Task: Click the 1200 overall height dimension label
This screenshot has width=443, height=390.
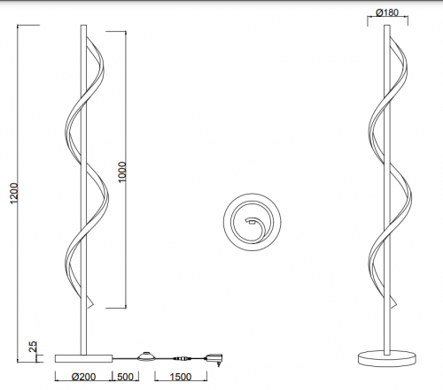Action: pos(14,194)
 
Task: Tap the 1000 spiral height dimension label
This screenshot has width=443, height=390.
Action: pos(121,172)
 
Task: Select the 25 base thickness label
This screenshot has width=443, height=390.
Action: pos(33,347)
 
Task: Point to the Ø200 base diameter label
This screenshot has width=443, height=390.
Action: pos(84,377)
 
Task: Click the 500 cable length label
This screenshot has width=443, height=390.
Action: pos(125,377)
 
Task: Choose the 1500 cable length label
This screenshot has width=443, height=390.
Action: pos(181,377)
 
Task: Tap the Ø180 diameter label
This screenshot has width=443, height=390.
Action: pos(387,12)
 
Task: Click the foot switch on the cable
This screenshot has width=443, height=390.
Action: pos(146,356)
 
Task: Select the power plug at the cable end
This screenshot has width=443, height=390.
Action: pos(214,359)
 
